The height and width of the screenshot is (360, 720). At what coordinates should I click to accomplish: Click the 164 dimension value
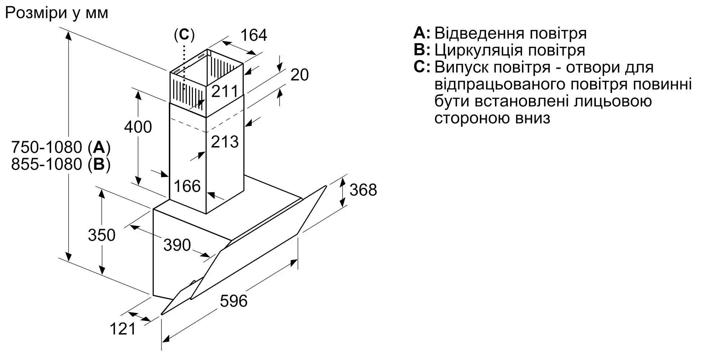click(x=254, y=35)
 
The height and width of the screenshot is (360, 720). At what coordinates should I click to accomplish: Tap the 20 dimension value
click(x=300, y=75)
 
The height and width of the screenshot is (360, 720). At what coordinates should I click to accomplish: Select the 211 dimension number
click(x=225, y=91)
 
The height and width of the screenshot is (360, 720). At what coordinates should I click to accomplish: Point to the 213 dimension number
click(x=225, y=142)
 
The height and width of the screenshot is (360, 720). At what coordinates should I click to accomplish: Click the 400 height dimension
click(x=138, y=127)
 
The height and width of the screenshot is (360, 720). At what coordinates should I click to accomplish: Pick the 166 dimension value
click(x=187, y=186)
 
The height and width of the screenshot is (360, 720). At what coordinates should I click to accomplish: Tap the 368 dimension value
click(x=363, y=190)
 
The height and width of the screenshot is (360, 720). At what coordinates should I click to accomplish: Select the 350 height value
click(x=102, y=235)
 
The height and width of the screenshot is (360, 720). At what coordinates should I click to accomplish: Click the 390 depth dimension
click(x=177, y=245)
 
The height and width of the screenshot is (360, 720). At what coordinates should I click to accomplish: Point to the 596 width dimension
click(x=234, y=301)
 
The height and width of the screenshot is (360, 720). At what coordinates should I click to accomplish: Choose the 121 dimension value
click(x=123, y=329)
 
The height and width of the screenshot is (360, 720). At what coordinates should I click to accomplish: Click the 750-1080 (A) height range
click(x=61, y=148)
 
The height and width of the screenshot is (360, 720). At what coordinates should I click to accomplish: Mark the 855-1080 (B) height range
click(x=61, y=165)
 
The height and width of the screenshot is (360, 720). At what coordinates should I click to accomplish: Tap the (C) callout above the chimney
click(x=184, y=35)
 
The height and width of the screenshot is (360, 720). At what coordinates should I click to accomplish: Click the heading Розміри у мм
click(x=57, y=13)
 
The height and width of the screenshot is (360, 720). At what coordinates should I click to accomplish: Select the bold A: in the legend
click(x=422, y=33)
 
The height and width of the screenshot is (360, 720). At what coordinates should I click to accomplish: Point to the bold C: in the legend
click(x=422, y=67)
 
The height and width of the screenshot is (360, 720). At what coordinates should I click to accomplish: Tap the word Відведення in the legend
click(x=480, y=33)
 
